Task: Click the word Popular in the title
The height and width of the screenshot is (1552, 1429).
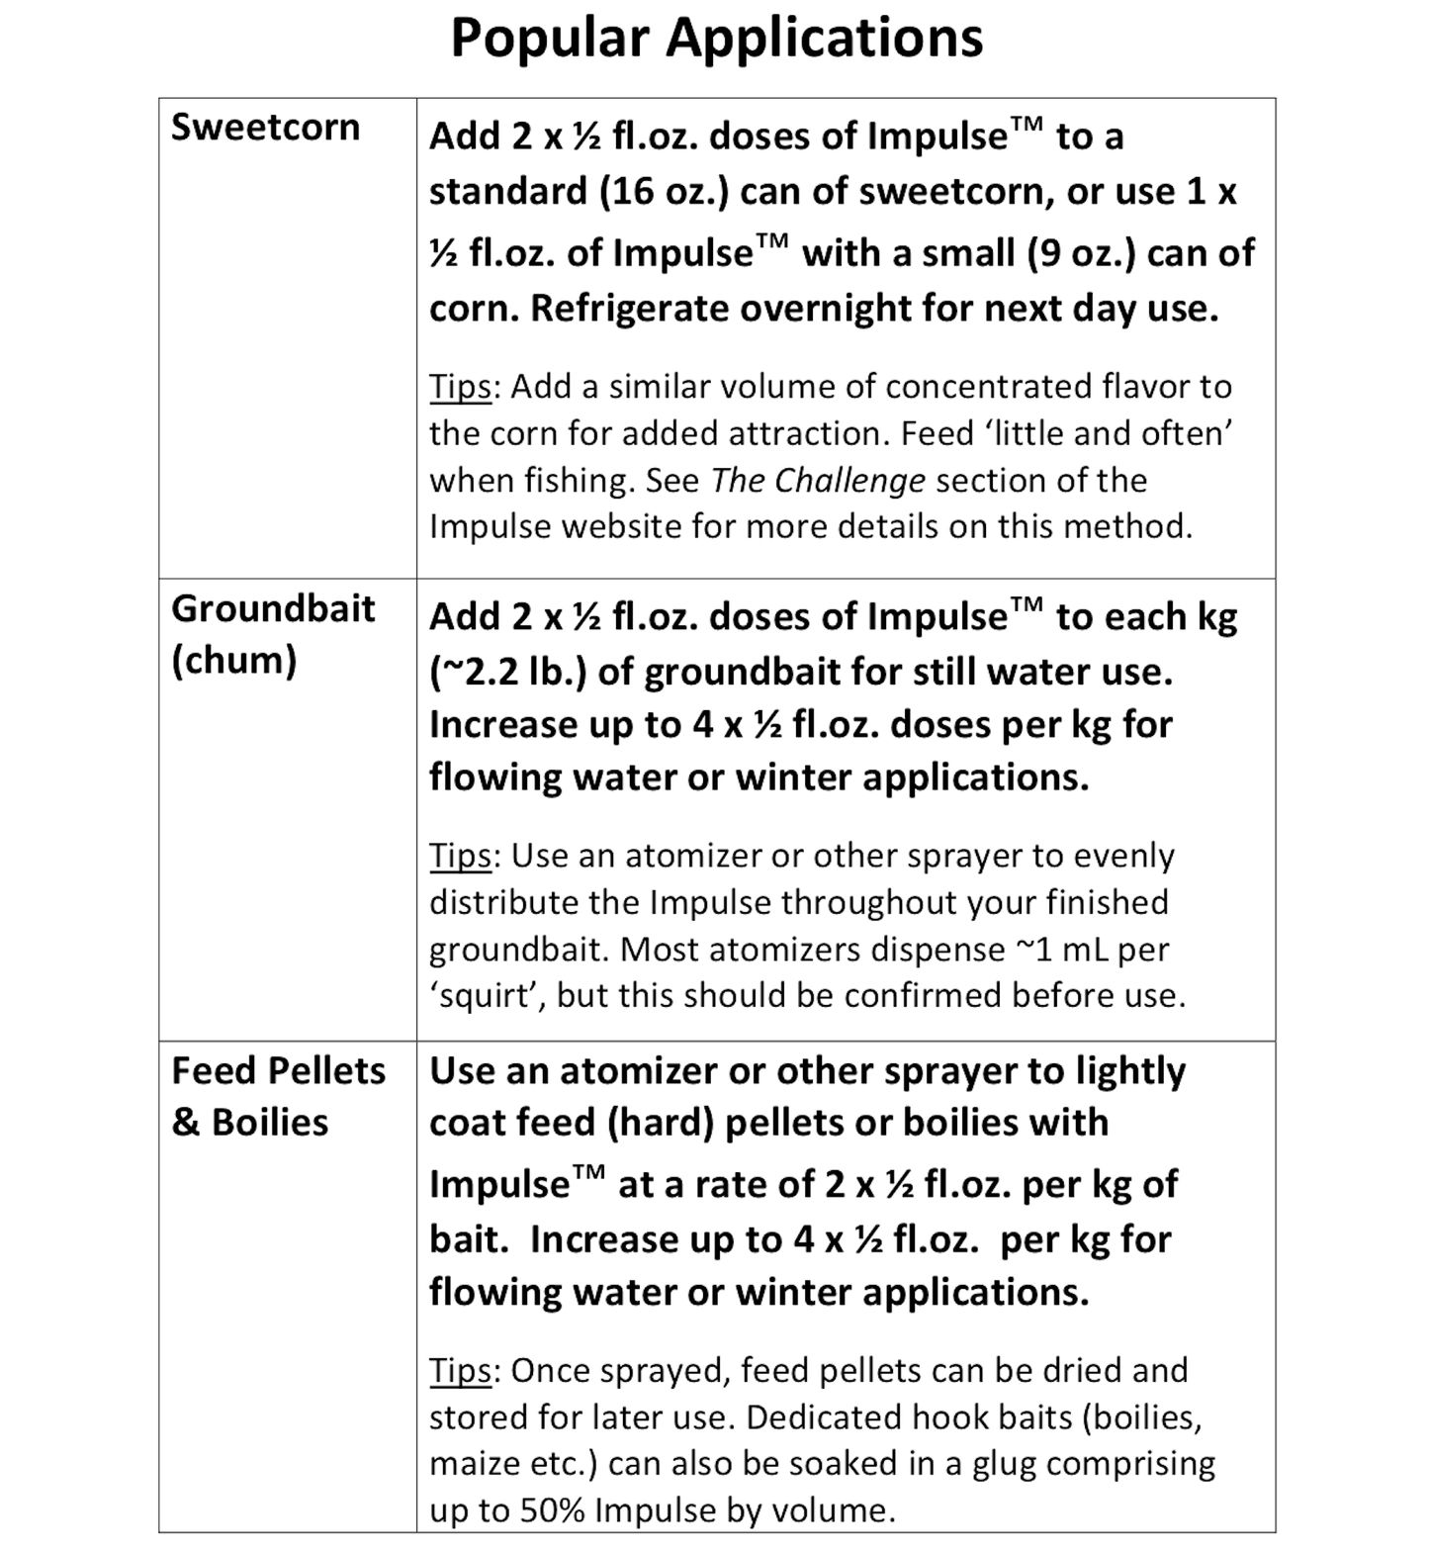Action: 551,40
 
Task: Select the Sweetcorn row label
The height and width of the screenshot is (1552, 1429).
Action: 265,128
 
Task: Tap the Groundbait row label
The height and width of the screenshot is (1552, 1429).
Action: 273,608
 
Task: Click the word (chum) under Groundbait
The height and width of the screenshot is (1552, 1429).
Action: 234,660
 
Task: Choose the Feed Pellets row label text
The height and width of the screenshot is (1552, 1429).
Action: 278,1070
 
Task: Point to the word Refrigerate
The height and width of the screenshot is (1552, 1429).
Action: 630,309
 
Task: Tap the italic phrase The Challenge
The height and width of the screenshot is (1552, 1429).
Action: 818,480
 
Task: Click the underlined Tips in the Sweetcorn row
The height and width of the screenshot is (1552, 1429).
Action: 459,386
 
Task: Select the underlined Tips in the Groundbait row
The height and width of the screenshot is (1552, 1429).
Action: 459,856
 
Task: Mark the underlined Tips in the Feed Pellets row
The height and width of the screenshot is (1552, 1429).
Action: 459,1371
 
